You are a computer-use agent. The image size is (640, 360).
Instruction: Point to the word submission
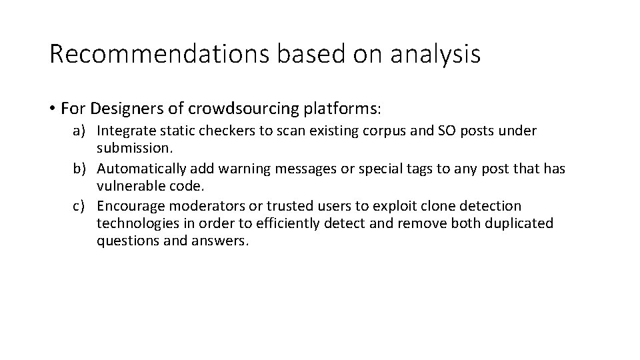click(134, 146)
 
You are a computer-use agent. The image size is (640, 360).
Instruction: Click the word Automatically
click(143, 169)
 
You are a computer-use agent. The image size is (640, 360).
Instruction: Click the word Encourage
click(131, 206)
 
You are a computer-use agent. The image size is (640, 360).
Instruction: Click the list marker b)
click(81, 169)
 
